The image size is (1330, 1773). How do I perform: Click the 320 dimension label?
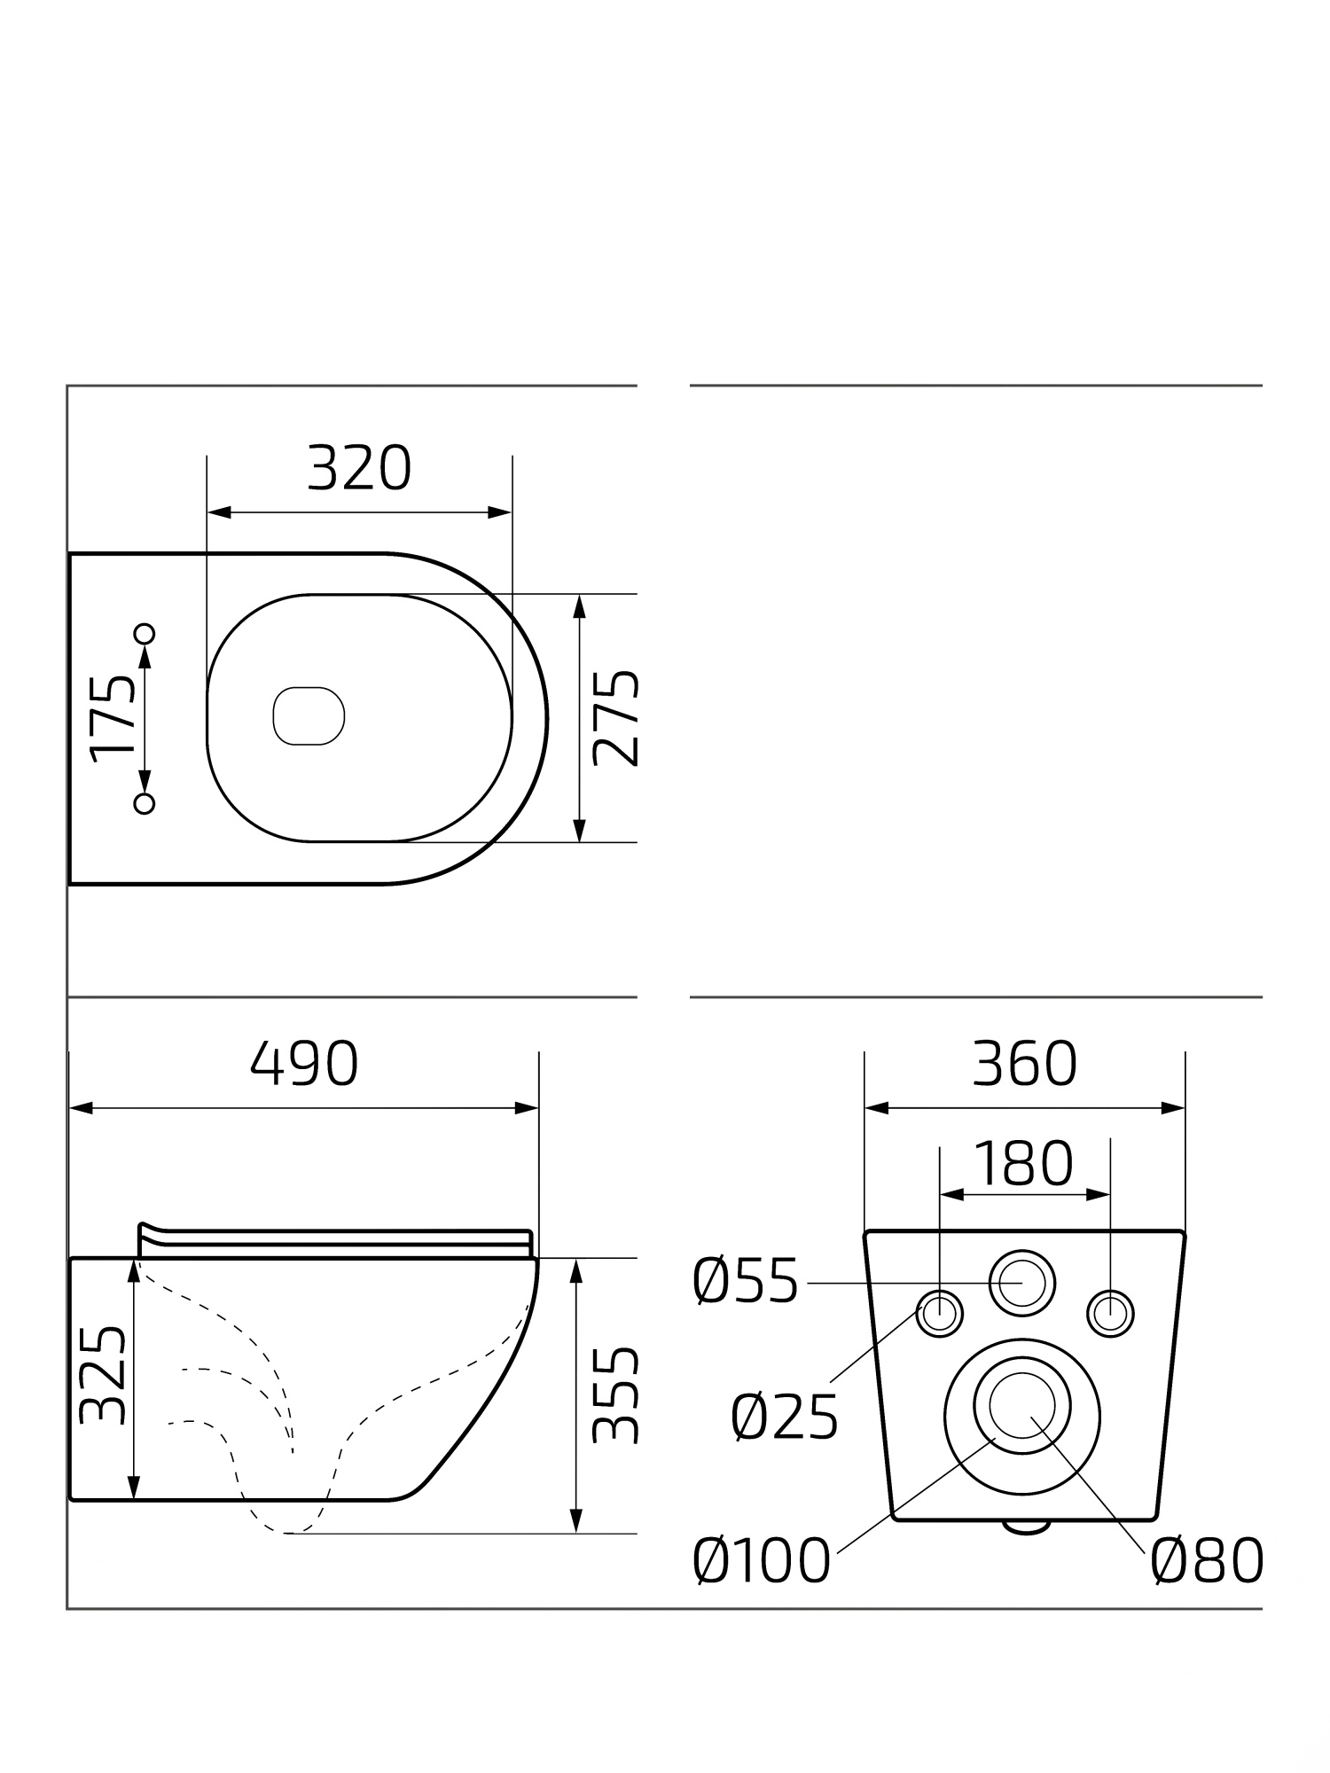[359, 469]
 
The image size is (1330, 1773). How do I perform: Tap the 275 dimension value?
[615, 718]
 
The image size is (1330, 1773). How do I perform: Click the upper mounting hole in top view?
[145, 633]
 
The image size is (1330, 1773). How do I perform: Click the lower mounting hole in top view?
[145, 803]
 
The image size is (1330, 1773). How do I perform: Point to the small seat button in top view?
[309, 715]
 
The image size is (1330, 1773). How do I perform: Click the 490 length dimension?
[304, 1064]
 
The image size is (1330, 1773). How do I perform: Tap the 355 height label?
[615, 1396]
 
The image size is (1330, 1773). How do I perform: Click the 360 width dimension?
[1024, 1064]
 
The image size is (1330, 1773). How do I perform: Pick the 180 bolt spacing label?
[1024, 1163]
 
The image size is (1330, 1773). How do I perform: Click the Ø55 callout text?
[746, 1282]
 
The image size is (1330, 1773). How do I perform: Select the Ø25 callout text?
[785, 1418]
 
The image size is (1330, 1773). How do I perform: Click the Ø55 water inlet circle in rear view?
[1022, 1283]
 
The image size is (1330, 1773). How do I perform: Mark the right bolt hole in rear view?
[1110, 1313]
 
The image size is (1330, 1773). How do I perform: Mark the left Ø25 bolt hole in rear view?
[939, 1313]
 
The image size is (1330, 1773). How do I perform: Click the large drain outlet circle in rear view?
[1022, 1416]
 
